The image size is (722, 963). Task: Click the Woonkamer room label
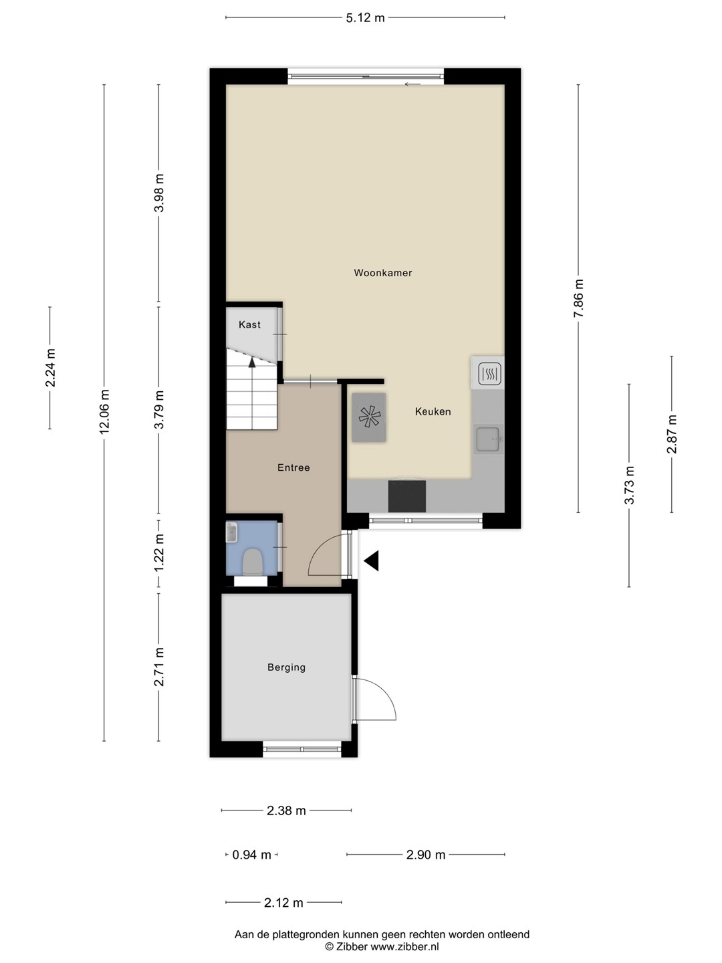click(382, 273)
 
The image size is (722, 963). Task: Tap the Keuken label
click(433, 411)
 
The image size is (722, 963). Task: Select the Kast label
click(249, 324)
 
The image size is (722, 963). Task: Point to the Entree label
click(293, 467)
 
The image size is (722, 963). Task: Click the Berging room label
click(286, 667)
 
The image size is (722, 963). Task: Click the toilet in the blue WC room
click(253, 562)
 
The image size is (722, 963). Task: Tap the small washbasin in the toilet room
click(231, 532)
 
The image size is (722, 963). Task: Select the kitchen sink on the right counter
click(488, 439)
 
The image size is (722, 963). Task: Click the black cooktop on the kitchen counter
click(407, 496)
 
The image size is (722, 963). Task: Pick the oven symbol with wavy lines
click(489, 374)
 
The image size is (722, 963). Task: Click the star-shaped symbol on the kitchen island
click(369, 417)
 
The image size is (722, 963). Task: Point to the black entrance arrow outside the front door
click(371, 560)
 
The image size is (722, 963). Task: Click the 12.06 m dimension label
click(104, 411)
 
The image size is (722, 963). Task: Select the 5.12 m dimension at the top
click(365, 17)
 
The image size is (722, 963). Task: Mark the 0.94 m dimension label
click(251, 855)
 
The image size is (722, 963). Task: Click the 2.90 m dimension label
click(426, 855)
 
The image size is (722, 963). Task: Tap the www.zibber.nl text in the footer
click(404, 946)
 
